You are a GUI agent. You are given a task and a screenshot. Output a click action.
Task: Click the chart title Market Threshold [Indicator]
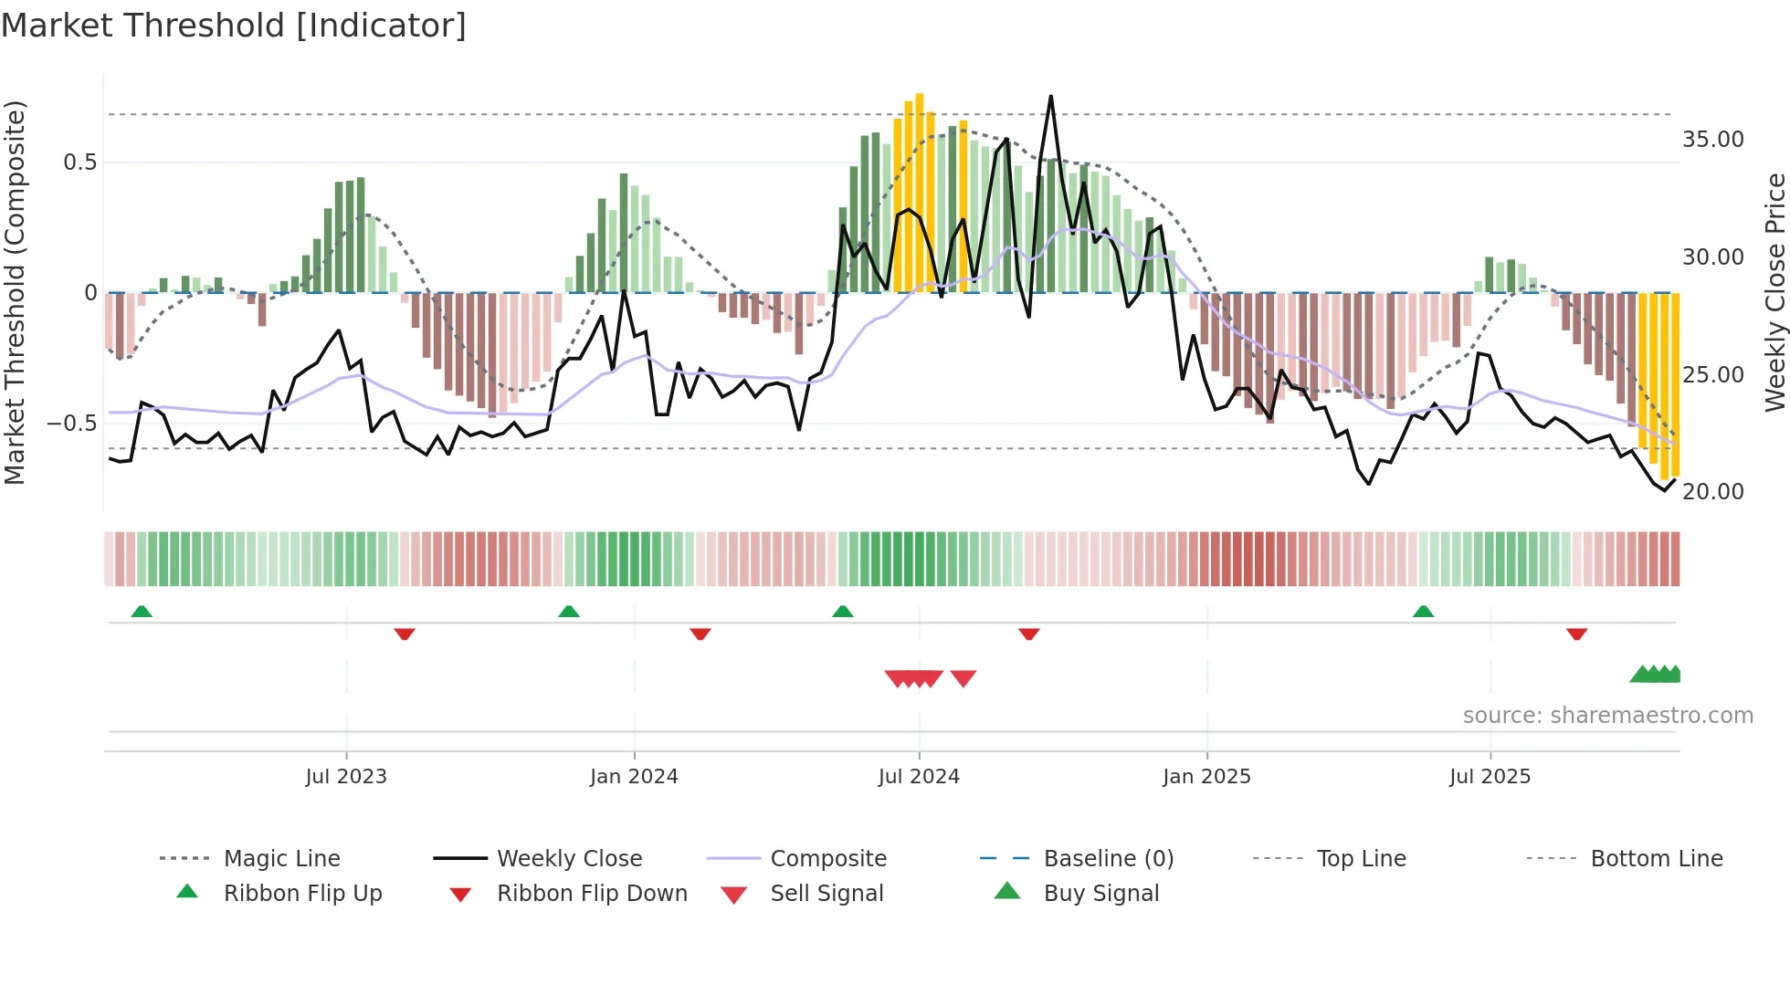234,26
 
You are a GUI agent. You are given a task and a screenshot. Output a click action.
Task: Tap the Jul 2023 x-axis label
346,777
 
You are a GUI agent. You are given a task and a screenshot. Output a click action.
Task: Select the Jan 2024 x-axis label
634,777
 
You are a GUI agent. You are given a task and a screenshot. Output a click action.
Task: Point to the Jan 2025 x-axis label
1206,777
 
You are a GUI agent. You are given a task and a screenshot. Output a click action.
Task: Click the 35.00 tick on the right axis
1712,140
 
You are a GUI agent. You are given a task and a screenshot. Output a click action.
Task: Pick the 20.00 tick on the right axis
1712,492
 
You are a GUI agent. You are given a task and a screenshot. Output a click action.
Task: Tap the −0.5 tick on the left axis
71,424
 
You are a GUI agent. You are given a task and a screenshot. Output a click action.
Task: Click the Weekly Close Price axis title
1774,292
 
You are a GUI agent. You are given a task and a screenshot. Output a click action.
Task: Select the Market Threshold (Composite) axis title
15,292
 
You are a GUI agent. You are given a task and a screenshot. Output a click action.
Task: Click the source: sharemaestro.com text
1607,716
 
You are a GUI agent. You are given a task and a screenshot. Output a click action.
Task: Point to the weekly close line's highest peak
1051,97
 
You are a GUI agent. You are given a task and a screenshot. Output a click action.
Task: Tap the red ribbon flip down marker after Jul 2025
1576,634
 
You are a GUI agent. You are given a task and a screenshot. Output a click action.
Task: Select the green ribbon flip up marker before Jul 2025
1423,612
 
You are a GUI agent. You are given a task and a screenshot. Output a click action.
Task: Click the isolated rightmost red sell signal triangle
963,678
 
